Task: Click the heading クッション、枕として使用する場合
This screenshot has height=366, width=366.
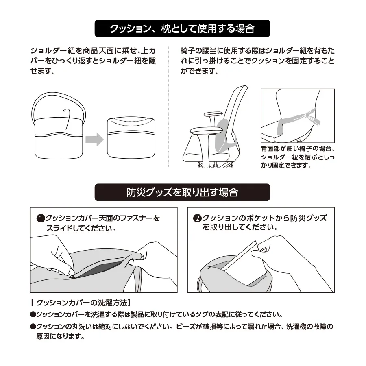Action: (182, 28)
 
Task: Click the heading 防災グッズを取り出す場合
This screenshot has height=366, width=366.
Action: (182, 192)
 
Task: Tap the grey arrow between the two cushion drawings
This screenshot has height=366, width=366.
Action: (94, 139)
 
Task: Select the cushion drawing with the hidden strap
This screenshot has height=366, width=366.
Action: (131, 138)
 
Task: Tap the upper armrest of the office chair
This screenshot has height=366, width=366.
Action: (213, 114)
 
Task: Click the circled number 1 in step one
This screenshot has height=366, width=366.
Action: (41, 218)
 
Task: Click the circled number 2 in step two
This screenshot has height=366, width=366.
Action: (197, 218)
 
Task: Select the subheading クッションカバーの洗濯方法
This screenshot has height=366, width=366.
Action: (82, 303)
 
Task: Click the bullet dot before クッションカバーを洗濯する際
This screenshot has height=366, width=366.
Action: (33, 314)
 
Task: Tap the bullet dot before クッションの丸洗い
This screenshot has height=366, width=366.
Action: (33, 326)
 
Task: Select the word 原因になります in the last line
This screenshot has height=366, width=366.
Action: (61, 336)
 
